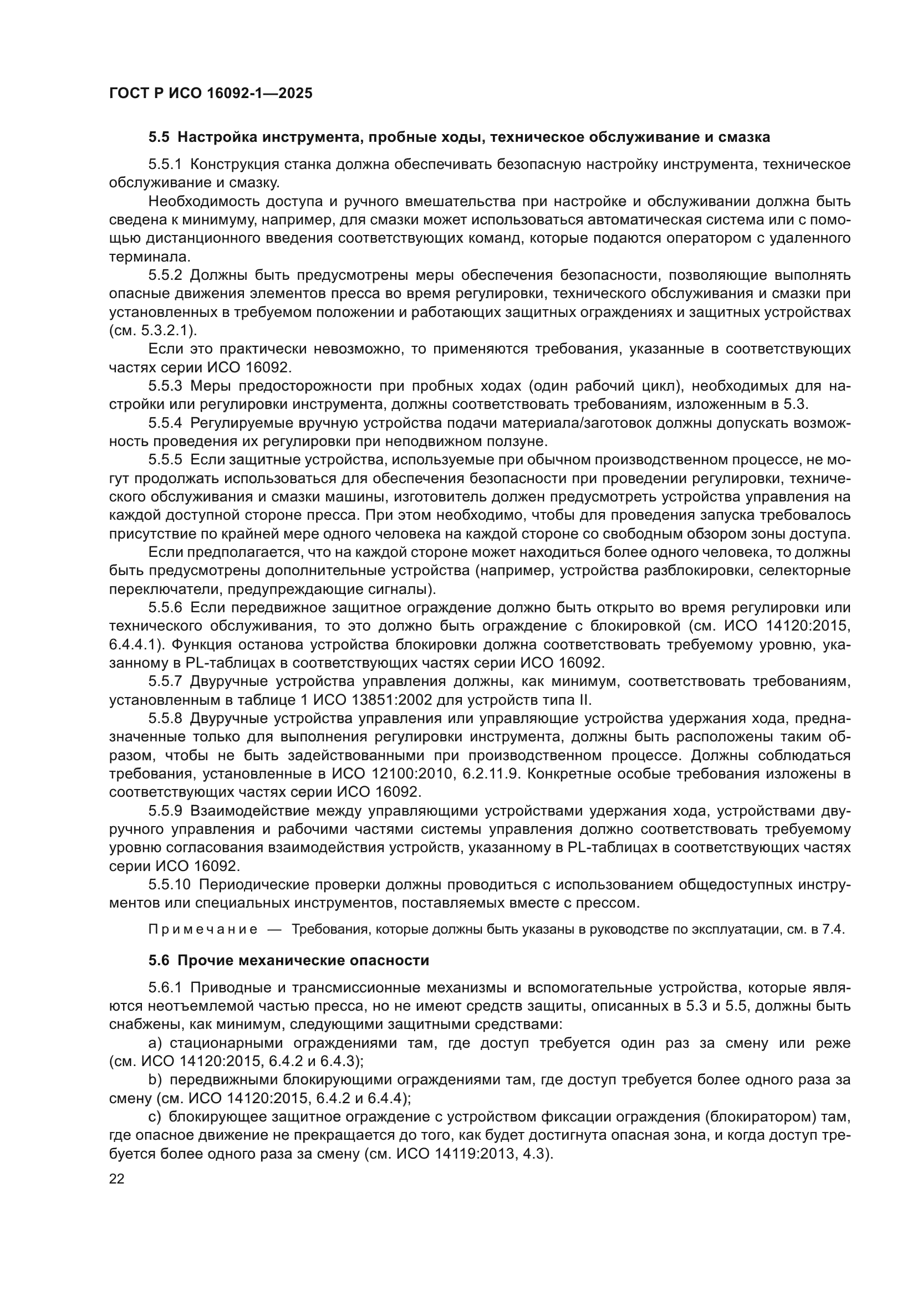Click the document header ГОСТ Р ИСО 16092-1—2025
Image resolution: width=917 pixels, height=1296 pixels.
coord(211,93)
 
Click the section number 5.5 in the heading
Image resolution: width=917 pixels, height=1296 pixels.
coord(159,137)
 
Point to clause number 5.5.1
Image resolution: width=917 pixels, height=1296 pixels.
coord(165,164)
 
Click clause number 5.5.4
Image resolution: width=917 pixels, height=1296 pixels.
coord(165,423)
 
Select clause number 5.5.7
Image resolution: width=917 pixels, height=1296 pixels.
coord(165,682)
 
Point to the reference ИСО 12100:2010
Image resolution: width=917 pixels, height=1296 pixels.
coord(396,775)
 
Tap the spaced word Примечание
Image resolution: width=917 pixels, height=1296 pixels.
coord(203,930)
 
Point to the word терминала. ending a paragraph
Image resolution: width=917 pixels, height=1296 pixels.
coord(149,257)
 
